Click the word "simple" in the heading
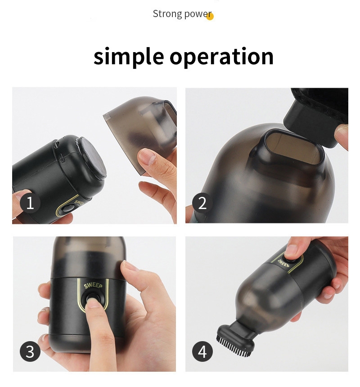point(129,57)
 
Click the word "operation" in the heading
point(222,57)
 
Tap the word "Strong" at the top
point(167,14)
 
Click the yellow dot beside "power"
point(210,16)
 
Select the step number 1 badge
point(30,203)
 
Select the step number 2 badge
point(202,203)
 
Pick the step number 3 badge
point(30,351)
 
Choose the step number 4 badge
point(202,351)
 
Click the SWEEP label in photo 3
point(93,285)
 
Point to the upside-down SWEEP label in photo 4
point(282,263)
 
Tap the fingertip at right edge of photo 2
point(342,135)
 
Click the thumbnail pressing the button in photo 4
point(291,250)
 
